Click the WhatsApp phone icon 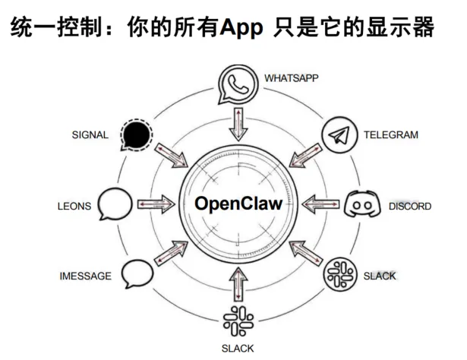point(238,85)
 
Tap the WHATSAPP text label point(292,77)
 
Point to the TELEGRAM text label point(390,135)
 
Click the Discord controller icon point(361,205)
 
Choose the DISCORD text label point(410,206)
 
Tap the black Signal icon point(135,136)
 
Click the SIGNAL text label point(90,135)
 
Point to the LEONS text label point(74,206)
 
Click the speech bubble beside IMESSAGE point(137,273)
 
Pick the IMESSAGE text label point(85,276)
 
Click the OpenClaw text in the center point(238,204)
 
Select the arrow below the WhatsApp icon point(238,124)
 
